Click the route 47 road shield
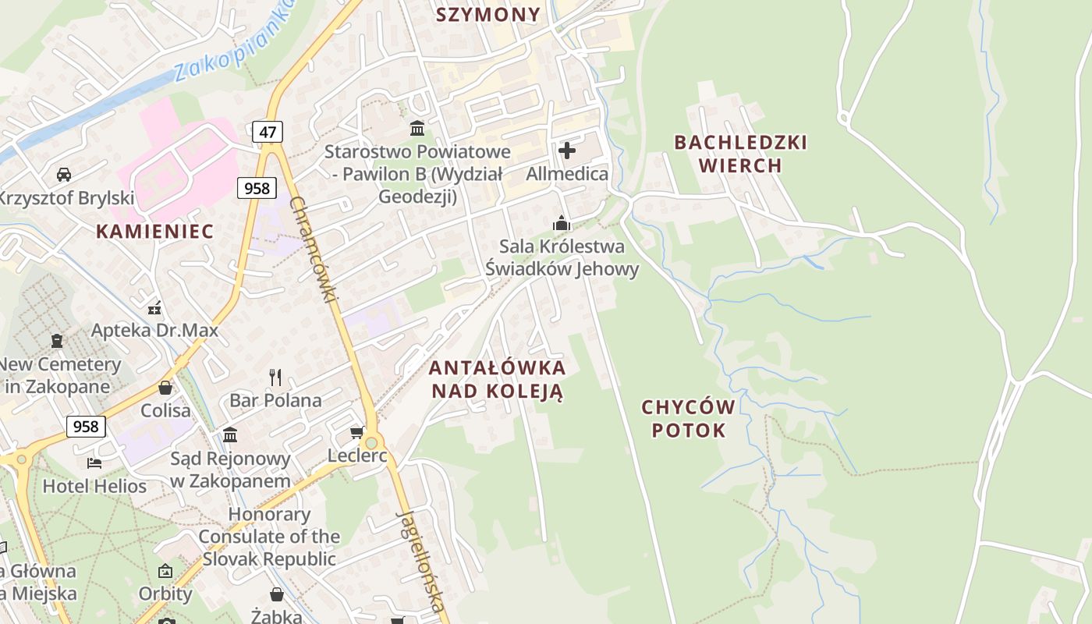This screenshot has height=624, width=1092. tap(268, 132)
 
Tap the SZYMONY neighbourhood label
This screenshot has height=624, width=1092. tap(488, 15)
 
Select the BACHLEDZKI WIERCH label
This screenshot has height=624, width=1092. tap(740, 154)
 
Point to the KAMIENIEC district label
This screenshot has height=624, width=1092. tap(154, 231)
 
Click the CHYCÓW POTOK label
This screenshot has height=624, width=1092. tap(688, 418)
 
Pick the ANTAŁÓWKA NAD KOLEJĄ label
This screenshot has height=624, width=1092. tap(497, 379)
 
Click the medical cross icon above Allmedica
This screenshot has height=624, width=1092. tap(567, 150)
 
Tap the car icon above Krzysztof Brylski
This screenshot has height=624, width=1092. tap(64, 175)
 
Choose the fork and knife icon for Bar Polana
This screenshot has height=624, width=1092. tap(275, 378)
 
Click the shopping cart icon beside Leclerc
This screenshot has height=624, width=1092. tap(356, 432)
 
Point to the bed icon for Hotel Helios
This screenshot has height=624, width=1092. tap(94, 463)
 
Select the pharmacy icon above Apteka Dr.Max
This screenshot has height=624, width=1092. tap(154, 307)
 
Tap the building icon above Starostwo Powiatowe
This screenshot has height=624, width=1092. tap(417, 128)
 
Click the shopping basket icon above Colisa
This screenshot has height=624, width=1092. tap(165, 388)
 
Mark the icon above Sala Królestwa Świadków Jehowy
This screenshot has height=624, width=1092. tap(561, 224)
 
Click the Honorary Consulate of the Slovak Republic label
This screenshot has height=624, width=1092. tap(269, 537)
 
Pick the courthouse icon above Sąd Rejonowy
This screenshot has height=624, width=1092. tap(230, 434)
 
